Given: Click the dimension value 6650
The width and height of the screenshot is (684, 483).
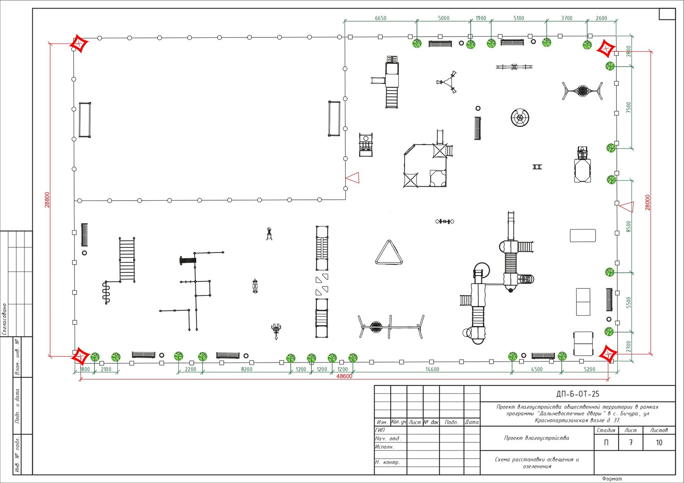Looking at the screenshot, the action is [x=380, y=18].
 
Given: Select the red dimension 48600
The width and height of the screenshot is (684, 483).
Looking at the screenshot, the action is [x=344, y=376].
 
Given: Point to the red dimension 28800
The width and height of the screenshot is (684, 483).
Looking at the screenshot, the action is [x=47, y=200].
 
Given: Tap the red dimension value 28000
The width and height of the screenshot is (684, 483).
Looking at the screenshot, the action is [x=648, y=203].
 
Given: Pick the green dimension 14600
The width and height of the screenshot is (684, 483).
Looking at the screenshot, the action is [x=432, y=369].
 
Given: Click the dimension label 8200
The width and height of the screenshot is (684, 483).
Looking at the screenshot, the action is [x=247, y=369].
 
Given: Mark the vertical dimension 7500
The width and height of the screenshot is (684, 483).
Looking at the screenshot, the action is [x=629, y=108].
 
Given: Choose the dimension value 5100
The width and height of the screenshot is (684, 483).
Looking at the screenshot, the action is [x=519, y=18].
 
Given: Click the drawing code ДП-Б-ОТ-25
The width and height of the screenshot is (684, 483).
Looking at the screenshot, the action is [x=578, y=394].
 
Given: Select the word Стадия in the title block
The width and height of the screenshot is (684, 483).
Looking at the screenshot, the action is [x=606, y=430].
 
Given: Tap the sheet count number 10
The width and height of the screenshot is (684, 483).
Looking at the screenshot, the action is [x=659, y=442].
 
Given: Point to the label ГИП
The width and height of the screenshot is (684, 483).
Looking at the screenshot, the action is [x=380, y=430].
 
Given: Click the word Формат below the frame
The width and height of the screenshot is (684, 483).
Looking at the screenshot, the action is [x=612, y=479].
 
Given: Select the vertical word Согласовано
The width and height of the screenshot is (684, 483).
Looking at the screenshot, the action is [x=4, y=319].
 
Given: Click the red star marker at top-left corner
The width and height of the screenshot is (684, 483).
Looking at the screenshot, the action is [x=79, y=44].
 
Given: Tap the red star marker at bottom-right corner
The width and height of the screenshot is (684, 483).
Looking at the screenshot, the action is [x=608, y=354].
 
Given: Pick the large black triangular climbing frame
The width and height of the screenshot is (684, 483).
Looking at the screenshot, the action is [x=389, y=252].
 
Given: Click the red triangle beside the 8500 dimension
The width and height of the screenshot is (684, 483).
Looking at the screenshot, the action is [x=627, y=207].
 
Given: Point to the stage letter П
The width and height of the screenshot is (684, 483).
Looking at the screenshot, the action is [x=607, y=442].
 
